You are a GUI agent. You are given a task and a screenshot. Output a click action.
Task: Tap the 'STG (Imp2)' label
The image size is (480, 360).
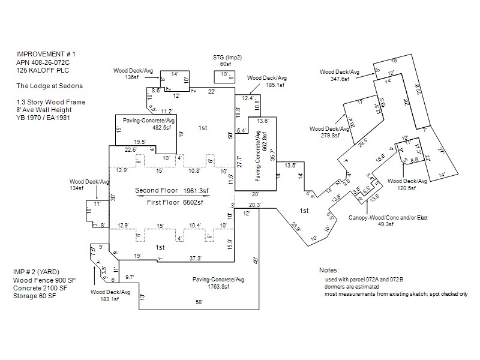point(226,57)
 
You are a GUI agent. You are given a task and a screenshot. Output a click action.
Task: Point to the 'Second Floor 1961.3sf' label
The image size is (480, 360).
point(172,190)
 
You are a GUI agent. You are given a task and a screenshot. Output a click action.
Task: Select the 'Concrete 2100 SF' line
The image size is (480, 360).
point(41,288)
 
